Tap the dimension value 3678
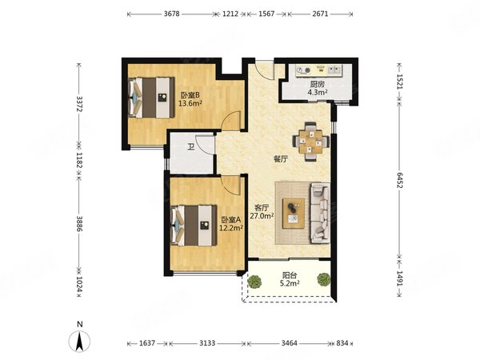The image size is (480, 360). pyautogui.click(x=172, y=14)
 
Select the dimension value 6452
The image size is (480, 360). pyautogui.click(x=399, y=180)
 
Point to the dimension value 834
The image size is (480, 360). pyautogui.click(x=342, y=343)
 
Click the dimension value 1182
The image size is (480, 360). pyautogui.click(x=79, y=161)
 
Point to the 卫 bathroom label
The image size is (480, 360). pyautogui.click(x=190, y=148)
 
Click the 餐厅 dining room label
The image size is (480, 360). pyautogui.click(x=281, y=159)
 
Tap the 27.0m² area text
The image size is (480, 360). pyautogui.click(x=262, y=216)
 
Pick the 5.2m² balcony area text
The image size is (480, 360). pyautogui.click(x=290, y=283)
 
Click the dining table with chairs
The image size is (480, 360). pyautogui.click(x=311, y=142)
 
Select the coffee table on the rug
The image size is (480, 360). pyautogui.click(x=294, y=214)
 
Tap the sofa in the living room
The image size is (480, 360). pyautogui.click(x=320, y=214)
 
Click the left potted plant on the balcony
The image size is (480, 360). pyautogui.click(x=254, y=282)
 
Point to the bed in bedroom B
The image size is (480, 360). pyautogui.click(x=151, y=98)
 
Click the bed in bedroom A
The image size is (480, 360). pyautogui.click(x=194, y=226)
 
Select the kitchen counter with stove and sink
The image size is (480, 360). pyautogui.click(x=319, y=70)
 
